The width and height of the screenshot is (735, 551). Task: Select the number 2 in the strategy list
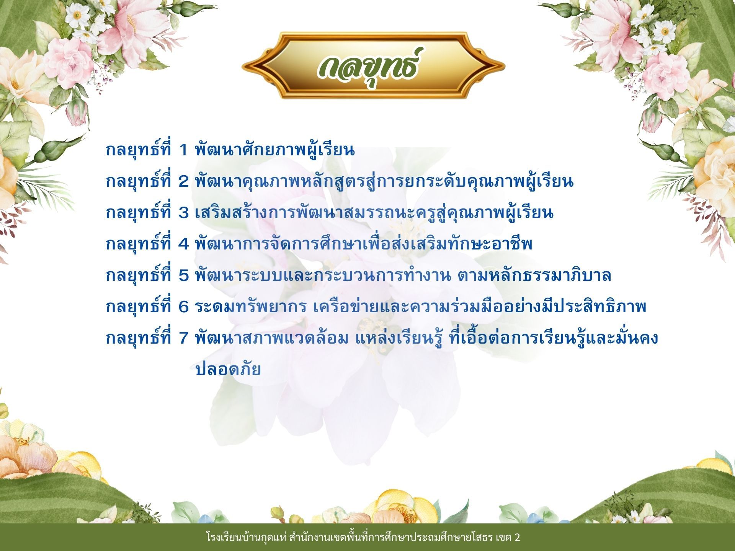click(184, 182)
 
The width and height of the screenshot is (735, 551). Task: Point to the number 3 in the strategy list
click(184, 213)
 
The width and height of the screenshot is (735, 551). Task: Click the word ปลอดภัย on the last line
click(228, 369)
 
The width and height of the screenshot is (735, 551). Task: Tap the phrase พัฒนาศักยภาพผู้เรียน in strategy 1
click(275, 150)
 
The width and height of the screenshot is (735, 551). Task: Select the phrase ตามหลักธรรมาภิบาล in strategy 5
click(534, 275)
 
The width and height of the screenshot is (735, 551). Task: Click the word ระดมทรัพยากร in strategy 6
click(251, 307)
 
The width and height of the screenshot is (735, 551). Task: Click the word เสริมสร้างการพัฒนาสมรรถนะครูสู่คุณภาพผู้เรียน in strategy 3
click(374, 212)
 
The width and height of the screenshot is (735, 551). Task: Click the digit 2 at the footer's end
click(517, 538)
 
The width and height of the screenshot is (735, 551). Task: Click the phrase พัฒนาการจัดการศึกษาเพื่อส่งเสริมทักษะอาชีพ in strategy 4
click(364, 244)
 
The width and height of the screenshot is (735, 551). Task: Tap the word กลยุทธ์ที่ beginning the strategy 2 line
click(139, 181)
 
